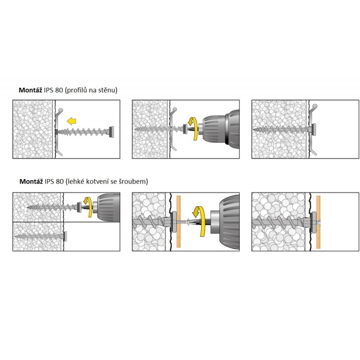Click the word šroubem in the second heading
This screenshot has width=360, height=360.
pos(134,182)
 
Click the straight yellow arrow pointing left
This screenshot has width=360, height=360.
pos(72,121)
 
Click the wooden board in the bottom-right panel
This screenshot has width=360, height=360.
pos(319,221)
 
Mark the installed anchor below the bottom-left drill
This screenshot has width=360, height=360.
pos(40,235)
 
